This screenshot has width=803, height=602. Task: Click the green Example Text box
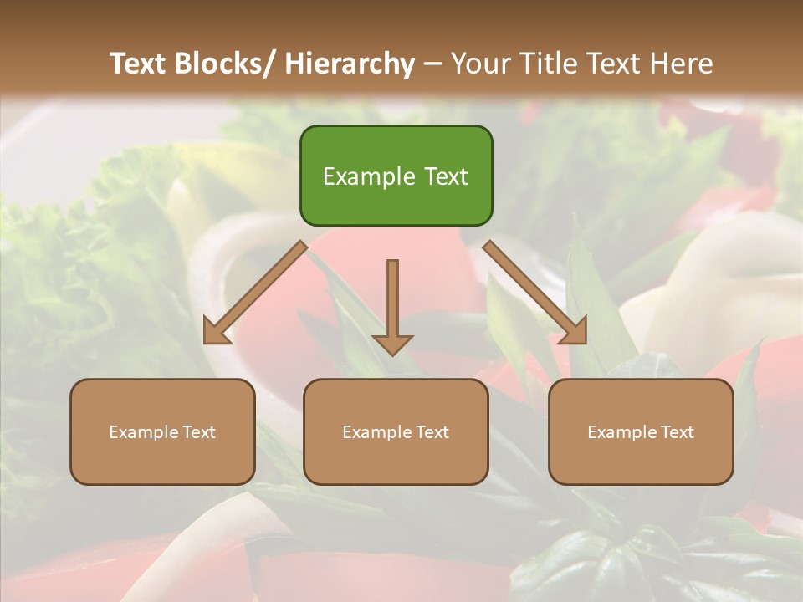click(396, 176)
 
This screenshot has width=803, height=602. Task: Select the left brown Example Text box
click(162, 431)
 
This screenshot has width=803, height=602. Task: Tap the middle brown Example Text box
click(396, 431)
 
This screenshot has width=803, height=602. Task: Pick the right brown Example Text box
click(641, 431)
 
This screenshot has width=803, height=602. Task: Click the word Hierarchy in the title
click(350, 64)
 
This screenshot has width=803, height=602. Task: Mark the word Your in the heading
click(479, 64)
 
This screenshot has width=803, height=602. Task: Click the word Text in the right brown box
click(677, 432)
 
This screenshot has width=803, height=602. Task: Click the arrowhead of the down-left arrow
click(217, 332)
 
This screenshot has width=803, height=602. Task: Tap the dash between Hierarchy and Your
click(432, 64)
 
